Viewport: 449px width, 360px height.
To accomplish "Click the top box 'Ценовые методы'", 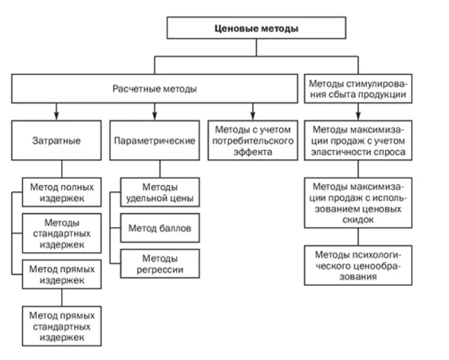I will tap(256, 29).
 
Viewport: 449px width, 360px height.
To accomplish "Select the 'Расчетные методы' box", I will tap(154, 89).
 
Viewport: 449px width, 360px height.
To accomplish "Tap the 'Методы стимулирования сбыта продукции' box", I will tap(357, 89).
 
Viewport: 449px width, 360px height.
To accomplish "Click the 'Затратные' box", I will tap(56, 140).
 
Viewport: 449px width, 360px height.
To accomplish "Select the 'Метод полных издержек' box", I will tap(62, 193).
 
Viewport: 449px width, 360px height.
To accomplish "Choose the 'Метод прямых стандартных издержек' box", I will tap(62, 326).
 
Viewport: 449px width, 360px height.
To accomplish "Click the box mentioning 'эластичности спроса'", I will tap(357, 140).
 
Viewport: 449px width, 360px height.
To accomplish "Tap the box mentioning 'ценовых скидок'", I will tap(357, 202).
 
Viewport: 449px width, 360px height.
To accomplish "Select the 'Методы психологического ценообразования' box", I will tap(357, 264).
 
